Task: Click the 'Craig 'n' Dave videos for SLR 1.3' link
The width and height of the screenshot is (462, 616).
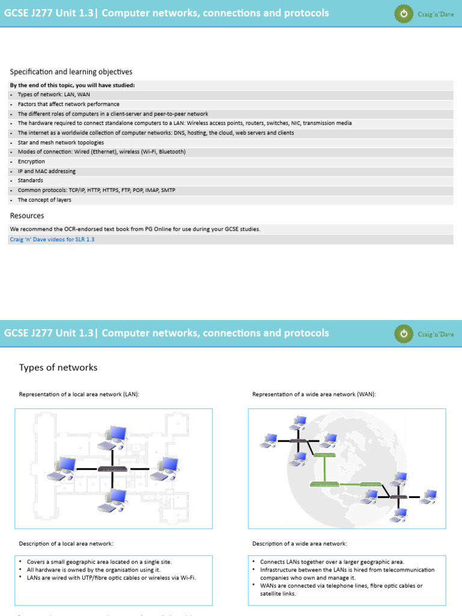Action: (52, 239)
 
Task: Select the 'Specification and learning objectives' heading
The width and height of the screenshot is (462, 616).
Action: (71, 72)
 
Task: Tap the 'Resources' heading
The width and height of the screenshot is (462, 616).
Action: (27, 215)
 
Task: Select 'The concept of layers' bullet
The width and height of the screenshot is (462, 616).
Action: (45, 200)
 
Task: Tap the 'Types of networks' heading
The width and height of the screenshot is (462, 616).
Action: (58, 368)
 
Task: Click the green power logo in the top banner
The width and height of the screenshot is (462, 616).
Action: (404, 13)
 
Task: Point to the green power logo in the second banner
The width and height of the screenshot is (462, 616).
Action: (404, 333)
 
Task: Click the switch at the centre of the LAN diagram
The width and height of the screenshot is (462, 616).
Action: (112, 469)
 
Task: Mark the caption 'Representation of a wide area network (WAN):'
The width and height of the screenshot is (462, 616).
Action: (314, 395)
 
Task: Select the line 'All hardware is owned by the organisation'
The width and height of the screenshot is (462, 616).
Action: (94, 569)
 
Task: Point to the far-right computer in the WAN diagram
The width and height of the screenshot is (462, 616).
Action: (429, 496)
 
